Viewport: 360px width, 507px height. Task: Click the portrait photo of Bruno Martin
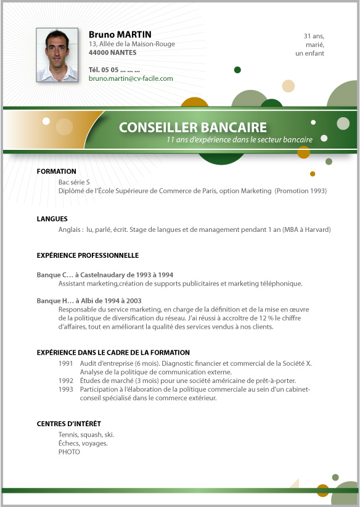[57, 55]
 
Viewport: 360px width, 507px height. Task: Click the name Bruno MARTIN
[120, 35]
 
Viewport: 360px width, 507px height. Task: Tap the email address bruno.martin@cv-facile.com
[131, 79]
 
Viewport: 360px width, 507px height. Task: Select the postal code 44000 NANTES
[113, 53]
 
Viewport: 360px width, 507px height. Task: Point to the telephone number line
[114, 69]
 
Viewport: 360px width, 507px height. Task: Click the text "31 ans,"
[314, 36]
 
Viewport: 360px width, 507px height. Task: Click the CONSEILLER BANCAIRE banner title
[193, 128]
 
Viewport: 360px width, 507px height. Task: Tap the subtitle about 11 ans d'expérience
[239, 140]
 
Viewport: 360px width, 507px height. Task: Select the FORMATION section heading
[57, 171]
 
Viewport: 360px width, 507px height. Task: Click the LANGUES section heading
[52, 219]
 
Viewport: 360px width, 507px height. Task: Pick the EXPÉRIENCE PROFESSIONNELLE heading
[88, 255]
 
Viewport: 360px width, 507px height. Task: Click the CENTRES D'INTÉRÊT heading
[69, 424]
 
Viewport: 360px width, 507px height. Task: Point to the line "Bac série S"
[74, 182]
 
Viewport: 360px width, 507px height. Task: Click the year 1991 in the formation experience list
[66, 363]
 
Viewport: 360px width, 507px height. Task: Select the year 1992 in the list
[66, 381]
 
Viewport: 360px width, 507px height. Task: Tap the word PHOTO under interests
[69, 452]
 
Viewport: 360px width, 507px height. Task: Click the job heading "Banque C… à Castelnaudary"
[105, 274]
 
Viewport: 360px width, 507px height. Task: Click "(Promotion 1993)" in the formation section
[301, 191]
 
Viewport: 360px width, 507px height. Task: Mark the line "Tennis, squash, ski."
[86, 435]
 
